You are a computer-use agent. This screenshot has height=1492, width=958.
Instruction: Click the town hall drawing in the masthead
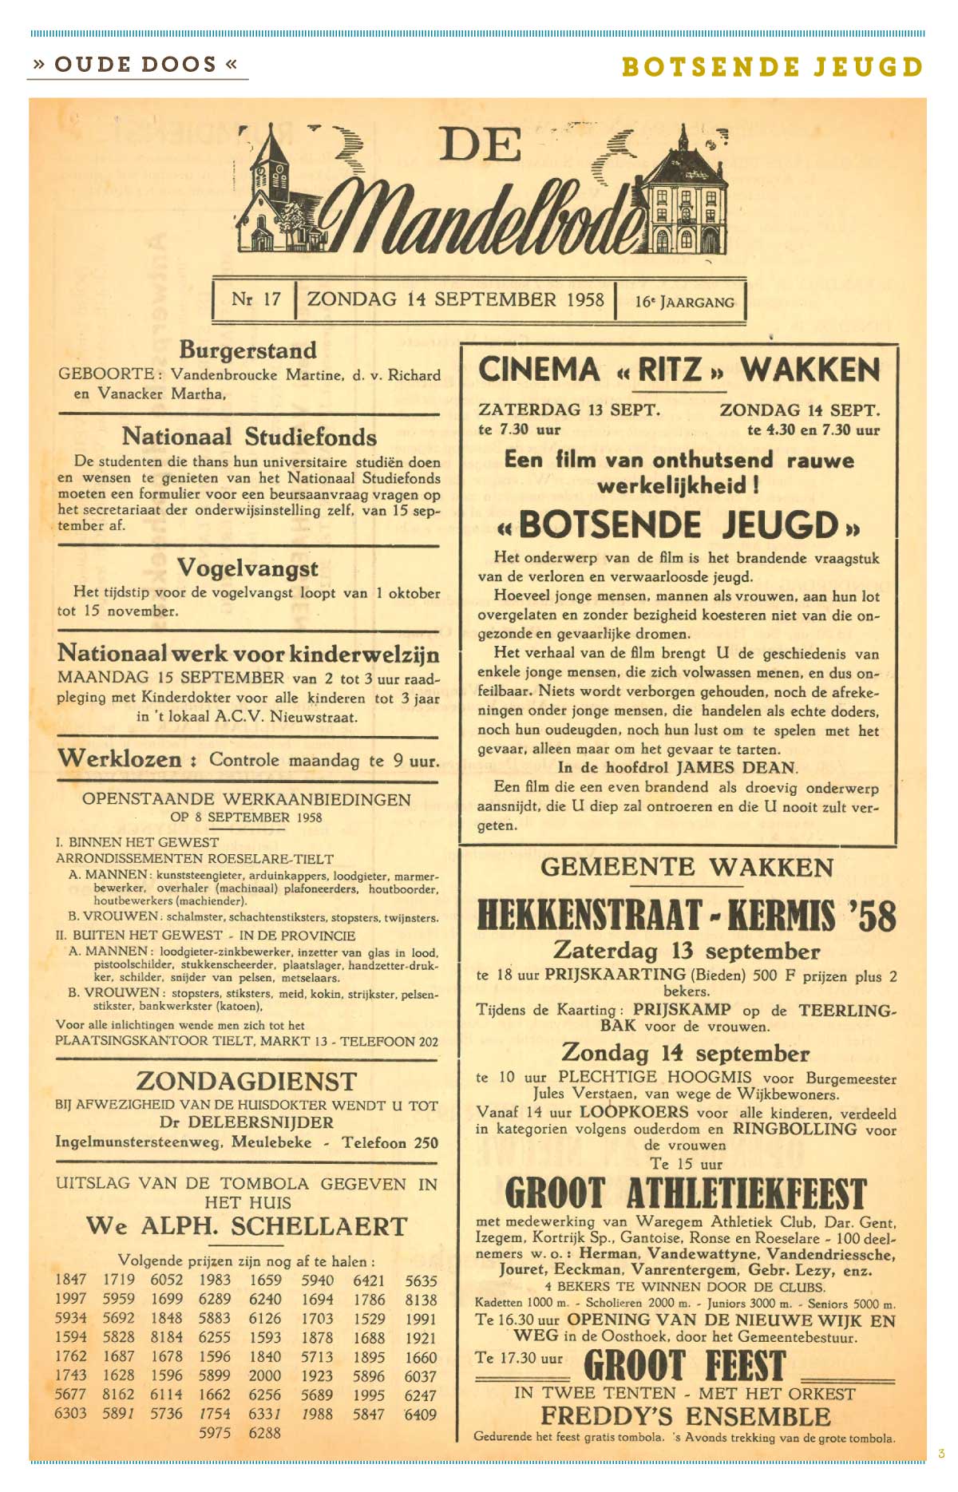(x=686, y=200)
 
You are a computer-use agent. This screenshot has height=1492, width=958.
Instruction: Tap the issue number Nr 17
(x=255, y=299)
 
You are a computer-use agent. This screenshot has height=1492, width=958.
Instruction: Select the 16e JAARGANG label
(x=684, y=302)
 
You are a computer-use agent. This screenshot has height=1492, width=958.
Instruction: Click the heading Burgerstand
(x=247, y=350)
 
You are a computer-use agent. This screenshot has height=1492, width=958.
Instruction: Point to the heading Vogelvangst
(x=247, y=568)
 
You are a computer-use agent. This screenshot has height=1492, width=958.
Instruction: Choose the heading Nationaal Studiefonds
(x=249, y=437)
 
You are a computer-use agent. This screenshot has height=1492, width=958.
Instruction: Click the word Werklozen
(x=120, y=758)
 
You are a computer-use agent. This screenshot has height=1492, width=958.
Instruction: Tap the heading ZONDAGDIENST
(x=247, y=1082)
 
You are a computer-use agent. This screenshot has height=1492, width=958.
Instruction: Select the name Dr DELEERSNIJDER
(x=246, y=1123)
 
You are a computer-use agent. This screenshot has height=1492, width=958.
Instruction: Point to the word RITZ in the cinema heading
(x=670, y=370)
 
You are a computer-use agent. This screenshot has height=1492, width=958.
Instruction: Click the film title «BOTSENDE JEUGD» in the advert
(x=678, y=526)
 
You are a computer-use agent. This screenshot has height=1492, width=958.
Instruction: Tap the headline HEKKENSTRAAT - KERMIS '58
(x=686, y=915)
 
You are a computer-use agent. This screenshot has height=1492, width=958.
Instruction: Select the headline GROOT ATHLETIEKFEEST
(x=686, y=1193)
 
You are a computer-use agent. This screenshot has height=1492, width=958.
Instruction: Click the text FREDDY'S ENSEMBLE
(x=686, y=1417)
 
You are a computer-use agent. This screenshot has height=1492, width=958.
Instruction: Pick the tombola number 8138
(x=421, y=1300)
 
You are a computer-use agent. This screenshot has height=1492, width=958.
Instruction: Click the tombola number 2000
(x=265, y=1375)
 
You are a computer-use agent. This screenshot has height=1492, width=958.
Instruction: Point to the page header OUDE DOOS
(x=136, y=65)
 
